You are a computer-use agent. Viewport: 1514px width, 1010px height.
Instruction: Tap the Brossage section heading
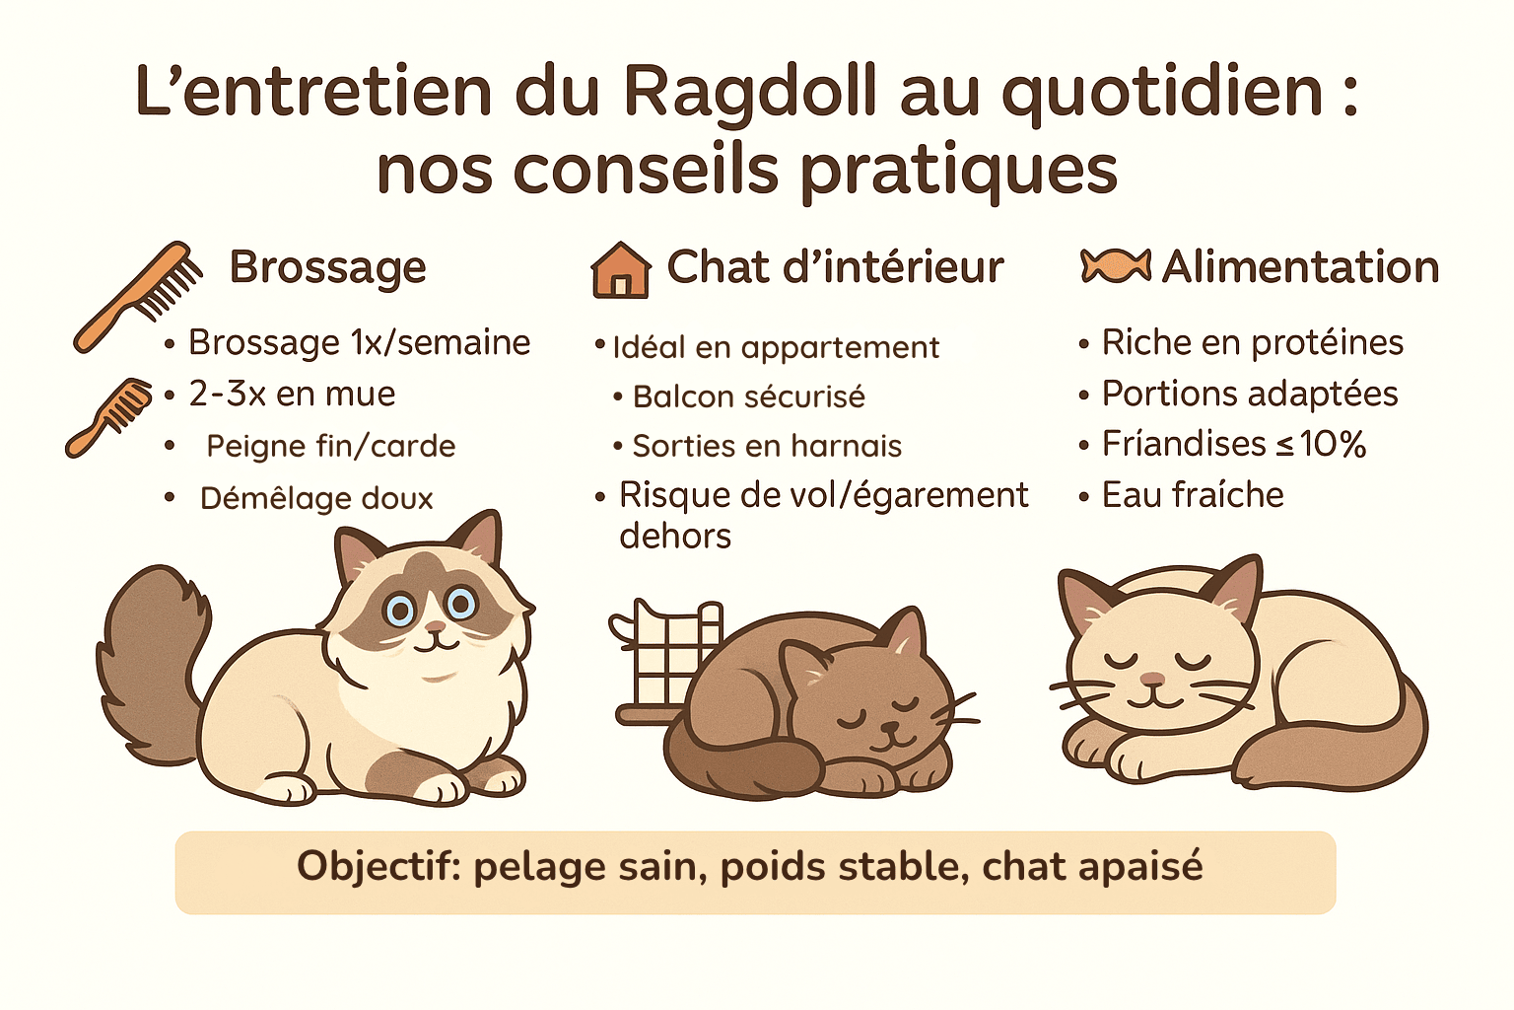327,267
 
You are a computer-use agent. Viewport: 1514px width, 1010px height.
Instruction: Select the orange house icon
620,270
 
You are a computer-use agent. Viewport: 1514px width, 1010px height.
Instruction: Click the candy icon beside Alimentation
1116,266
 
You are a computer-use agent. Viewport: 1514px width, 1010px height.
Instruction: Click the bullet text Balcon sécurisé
748,397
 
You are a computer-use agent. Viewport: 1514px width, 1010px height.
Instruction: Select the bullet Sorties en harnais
767,446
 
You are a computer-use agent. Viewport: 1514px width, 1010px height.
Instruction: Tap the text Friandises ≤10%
1233,444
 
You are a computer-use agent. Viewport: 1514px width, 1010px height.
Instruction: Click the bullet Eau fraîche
1193,494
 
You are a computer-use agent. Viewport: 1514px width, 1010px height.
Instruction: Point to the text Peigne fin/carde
330,446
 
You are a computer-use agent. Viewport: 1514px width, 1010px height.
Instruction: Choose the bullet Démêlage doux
316,498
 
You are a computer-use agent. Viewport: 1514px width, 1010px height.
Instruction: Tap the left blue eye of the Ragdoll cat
400,610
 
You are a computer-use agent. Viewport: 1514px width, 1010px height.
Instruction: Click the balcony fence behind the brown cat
665,651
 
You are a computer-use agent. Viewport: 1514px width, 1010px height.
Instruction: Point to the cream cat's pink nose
1151,680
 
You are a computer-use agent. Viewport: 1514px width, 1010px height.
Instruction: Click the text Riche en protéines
1252,342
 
